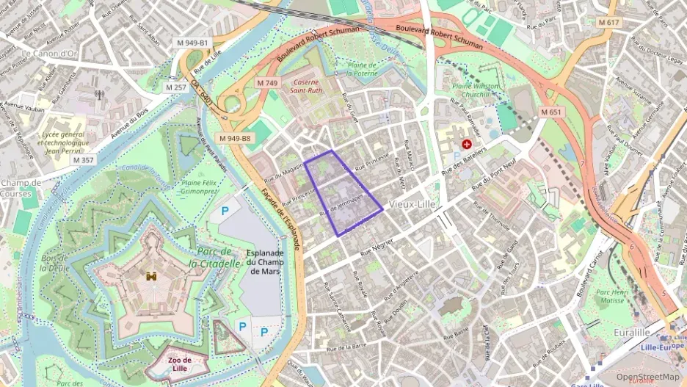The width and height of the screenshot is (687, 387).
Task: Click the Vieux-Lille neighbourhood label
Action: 413,203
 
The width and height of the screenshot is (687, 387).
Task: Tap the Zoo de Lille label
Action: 179,364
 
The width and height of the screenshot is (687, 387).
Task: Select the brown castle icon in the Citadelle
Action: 152,276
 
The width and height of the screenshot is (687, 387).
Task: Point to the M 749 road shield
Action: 267,84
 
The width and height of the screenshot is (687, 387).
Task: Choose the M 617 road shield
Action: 608,23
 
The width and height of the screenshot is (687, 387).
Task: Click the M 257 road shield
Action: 176,87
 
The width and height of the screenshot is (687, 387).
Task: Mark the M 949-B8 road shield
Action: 234,138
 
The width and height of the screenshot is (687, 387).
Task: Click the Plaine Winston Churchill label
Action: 476,90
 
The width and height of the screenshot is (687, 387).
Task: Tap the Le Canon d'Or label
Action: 49,54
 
